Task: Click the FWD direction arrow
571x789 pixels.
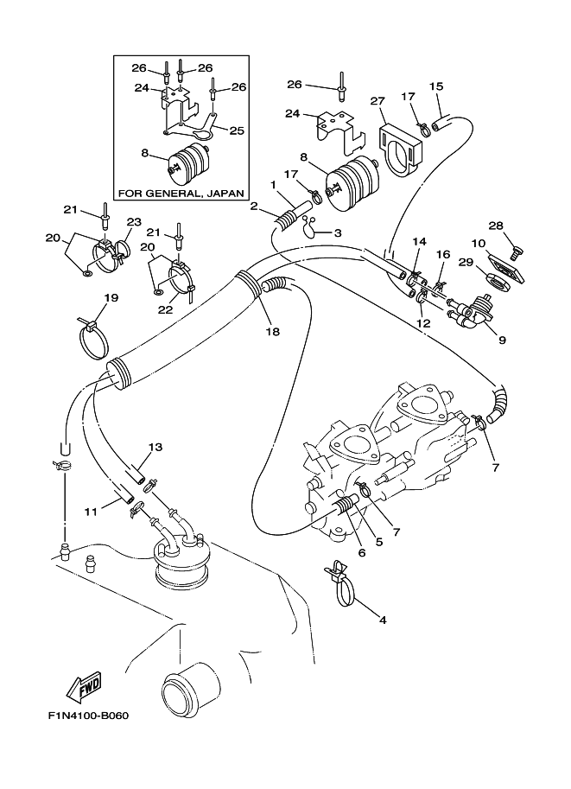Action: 86,686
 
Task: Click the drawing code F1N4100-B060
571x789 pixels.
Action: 88,715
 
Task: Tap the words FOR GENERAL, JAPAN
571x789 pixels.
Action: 181,193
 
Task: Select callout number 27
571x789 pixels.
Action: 377,101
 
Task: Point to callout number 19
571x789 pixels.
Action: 111,297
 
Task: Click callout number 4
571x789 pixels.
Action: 383,620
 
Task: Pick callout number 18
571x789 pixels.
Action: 274,332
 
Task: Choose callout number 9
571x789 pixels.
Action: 502,340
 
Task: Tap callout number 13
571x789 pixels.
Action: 156,447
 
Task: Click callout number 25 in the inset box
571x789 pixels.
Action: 237,130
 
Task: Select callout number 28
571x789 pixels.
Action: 496,226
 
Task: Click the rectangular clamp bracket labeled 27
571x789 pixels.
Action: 401,151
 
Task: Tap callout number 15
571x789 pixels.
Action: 436,86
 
